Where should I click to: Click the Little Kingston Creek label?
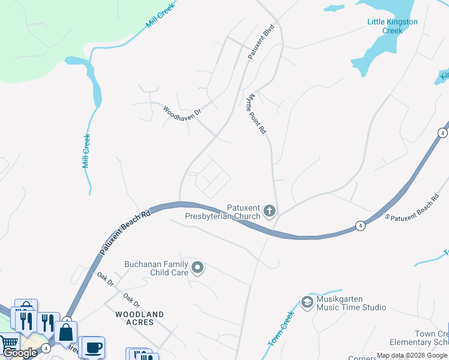(x=392, y=26)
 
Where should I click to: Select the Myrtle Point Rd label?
(x=256, y=113)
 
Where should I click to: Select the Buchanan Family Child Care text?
(x=156, y=268)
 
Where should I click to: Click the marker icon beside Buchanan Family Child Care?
(x=197, y=268)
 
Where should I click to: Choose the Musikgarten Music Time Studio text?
(x=351, y=304)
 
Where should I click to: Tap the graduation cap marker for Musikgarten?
(x=307, y=302)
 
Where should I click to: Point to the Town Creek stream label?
(x=280, y=329)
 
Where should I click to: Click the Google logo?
(x=20, y=353)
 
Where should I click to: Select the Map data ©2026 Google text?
(x=412, y=356)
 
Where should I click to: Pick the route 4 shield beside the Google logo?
(x=46, y=348)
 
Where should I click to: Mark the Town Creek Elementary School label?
(x=431, y=338)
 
